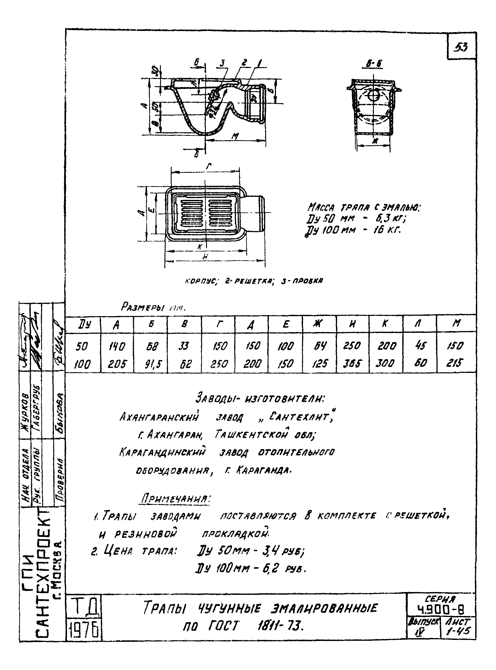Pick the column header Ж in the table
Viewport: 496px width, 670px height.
tap(318, 324)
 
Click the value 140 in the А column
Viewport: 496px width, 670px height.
tap(116, 346)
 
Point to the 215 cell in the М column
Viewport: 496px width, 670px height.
tap(455, 363)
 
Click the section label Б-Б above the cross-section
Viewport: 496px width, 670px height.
tap(374, 64)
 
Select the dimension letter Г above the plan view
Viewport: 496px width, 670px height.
tap(209, 166)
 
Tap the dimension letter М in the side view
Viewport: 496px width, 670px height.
tap(235, 136)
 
